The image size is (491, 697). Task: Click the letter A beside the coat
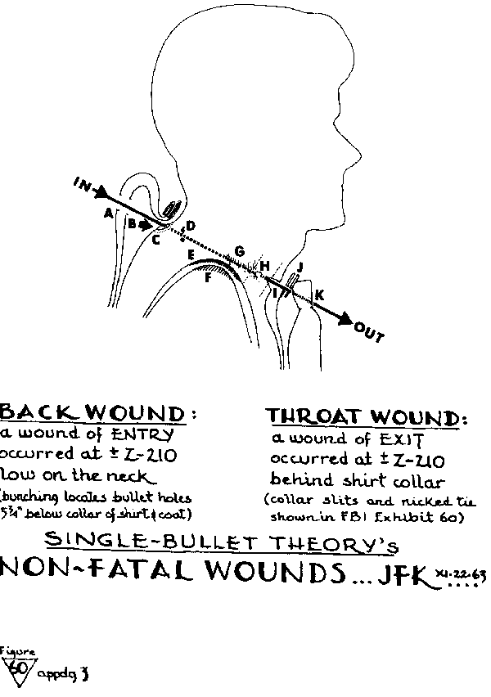click(x=107, y=213)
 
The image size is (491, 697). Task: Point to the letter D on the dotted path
click(x=191, y=225)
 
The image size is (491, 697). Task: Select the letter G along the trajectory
click(x=239, y=250)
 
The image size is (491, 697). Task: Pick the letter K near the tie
click(x=319, y=294)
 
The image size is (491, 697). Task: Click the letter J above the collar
click(x=300, y=267)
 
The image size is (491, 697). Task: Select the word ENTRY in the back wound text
click(x=143, y=434)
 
